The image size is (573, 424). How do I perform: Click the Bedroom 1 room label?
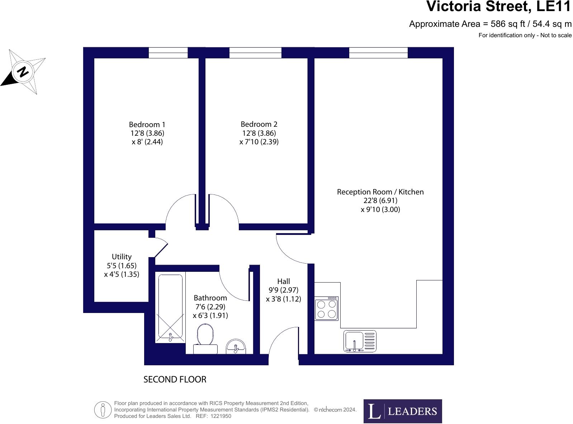point(147,125)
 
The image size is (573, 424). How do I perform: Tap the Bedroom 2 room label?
point(259,124)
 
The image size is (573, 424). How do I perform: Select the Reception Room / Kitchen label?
point(380,192)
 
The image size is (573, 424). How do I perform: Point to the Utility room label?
point(122,257)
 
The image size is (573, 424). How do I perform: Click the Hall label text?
point(283,281)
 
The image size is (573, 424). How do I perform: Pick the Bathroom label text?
point(210,298)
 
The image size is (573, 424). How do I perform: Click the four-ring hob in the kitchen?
point(326,309)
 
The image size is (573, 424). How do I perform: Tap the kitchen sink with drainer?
point(360,341)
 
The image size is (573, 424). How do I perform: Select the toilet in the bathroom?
point(205,338)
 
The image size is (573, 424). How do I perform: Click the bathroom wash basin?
point(236,347)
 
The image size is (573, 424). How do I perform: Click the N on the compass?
point(23,72)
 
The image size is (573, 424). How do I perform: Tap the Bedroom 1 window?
point(168,53)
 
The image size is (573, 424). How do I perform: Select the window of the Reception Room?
point(378,53)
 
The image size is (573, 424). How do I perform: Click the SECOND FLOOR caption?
point(175,380)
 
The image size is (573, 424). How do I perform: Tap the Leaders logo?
point(402,411)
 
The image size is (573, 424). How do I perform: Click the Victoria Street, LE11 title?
point(498,6)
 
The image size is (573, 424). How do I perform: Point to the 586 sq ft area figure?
point(508,24)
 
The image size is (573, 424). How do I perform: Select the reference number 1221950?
point(221,416)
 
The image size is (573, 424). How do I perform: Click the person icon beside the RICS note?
point(103,410)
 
